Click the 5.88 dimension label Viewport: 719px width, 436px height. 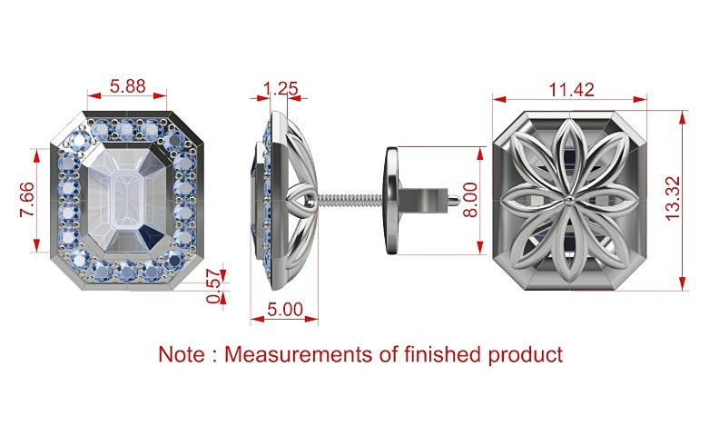[x=127, y=85]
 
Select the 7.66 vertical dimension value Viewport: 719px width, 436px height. [x=26, y=200]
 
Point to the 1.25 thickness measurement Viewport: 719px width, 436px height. [x=281, y=88]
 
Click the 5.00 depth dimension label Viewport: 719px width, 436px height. [x=285, y=310]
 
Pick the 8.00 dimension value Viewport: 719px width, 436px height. [x=470, y=200]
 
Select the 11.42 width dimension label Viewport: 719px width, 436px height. [x=571, y=90]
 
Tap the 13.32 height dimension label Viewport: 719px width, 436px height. [x=673, y=199]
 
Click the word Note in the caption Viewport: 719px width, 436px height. [x=182, y=354]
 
